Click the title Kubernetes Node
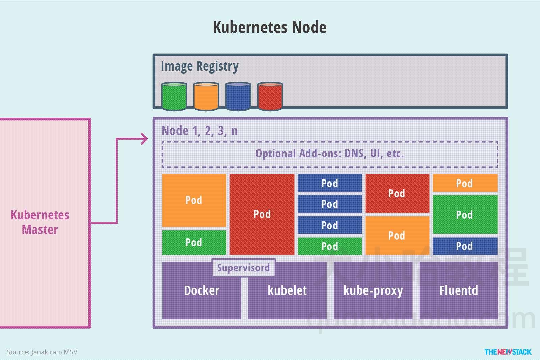click(x=269, y=27)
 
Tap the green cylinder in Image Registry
click(x=174, y=96)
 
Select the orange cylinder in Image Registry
click(x=206, y=96)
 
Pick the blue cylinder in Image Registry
click(x=238, y=96)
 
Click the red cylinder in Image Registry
click(x=270, y=96)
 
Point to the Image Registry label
click(x=199, y=66)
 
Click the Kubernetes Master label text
click(x=40, y=222)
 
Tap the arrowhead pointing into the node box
click(x=145, y=139)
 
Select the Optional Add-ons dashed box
click(x=330, y=154)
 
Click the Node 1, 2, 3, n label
click(x=199, y=131)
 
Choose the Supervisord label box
click(x=243, y=268)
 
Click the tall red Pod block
click(x=262, y=214)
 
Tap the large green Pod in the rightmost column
click(x=465, y=215)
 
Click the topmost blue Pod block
click(x=330, y=183)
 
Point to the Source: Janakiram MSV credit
click(x=42, y=352)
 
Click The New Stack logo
click(x=508, y=352)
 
